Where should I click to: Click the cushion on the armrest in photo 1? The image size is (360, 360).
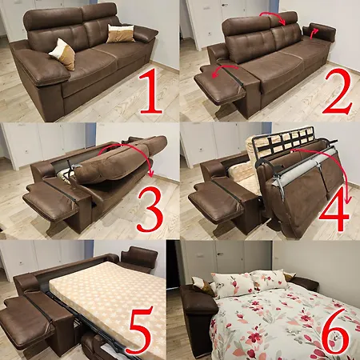(x=63, y=54)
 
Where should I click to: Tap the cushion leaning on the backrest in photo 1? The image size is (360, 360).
(x=121, y=34)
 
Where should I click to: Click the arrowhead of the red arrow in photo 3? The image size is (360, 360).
(x=152, y=174)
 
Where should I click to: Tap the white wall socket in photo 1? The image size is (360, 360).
(x=24, y=30)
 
